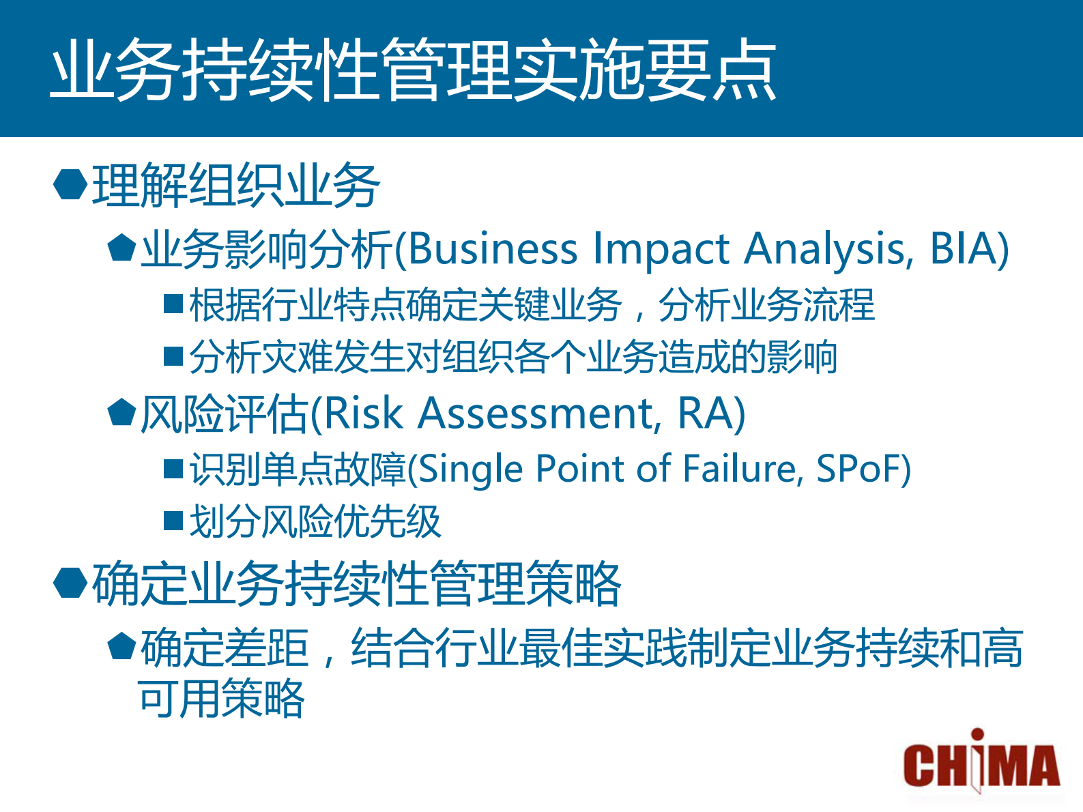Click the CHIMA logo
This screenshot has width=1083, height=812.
click(981, 762)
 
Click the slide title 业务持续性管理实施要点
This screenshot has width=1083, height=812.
click(414, 70)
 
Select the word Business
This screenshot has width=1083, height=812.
click(493, 248)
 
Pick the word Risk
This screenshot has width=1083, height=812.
click(364, 413)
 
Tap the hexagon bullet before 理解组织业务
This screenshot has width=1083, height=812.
click(70, 184)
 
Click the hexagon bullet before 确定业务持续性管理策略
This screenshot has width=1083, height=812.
click(70, 583)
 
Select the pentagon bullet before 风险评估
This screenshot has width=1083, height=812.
click(122, 412)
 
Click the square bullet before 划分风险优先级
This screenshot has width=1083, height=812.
click(173, 521)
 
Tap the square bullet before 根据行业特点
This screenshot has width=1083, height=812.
click(173, 304)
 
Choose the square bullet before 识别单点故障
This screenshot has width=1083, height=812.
click(173, 469)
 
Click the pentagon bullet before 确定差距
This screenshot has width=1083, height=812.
click(122, 646)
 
